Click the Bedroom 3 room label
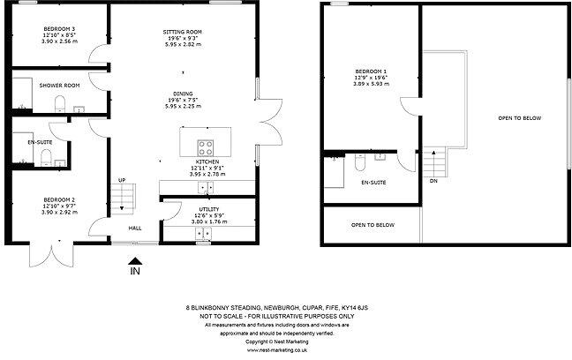coord(59,28)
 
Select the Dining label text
coord(184,93)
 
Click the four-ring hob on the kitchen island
coord(205,146)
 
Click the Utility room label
coord(209,209)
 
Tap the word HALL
coord(135,228)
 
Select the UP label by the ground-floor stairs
coord(121,182)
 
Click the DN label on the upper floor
coord(433,181)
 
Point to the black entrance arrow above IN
coord(134,259)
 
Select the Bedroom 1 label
coord(371,71)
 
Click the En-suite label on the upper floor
coord(374,183)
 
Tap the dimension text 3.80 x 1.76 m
coord(209,221)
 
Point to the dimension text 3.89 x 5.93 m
coord(371,83)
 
